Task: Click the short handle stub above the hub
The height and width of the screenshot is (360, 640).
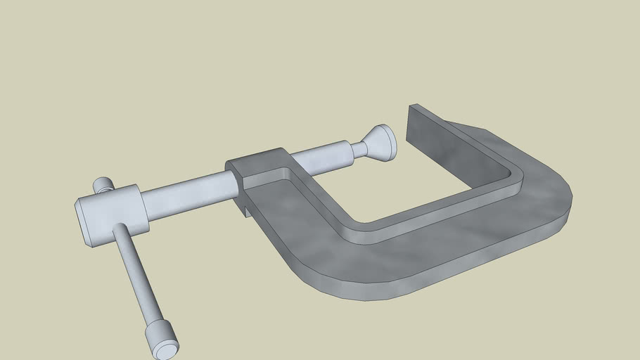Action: pyautogui.click(x=104, y=185)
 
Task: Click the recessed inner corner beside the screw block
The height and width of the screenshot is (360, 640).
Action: pyautogui.click(x=285, y=173)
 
